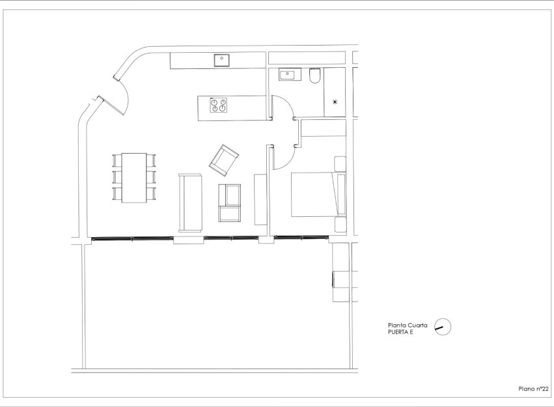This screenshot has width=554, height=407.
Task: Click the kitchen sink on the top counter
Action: click(x=222, y=59)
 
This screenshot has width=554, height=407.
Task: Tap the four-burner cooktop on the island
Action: click(x=219, y=105)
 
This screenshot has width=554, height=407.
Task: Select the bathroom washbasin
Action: click(x=288, y=75)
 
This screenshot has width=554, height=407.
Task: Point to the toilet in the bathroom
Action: click(x=315, y=77)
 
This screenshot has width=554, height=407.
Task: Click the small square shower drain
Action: click(x=335, y=102)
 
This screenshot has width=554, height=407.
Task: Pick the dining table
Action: click(x=135, y=178)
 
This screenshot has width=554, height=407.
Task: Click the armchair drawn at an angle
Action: click(x=223, y=160)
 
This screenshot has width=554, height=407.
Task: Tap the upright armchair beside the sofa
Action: click(x=230, y=203)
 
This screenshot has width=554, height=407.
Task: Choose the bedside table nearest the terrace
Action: click(x=340, y=225)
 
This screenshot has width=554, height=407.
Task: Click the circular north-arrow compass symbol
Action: click(x=443, y=326)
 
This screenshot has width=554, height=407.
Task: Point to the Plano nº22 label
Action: click(x=532, y=388)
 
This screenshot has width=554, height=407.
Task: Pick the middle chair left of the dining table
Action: click(x=117, y=177)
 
